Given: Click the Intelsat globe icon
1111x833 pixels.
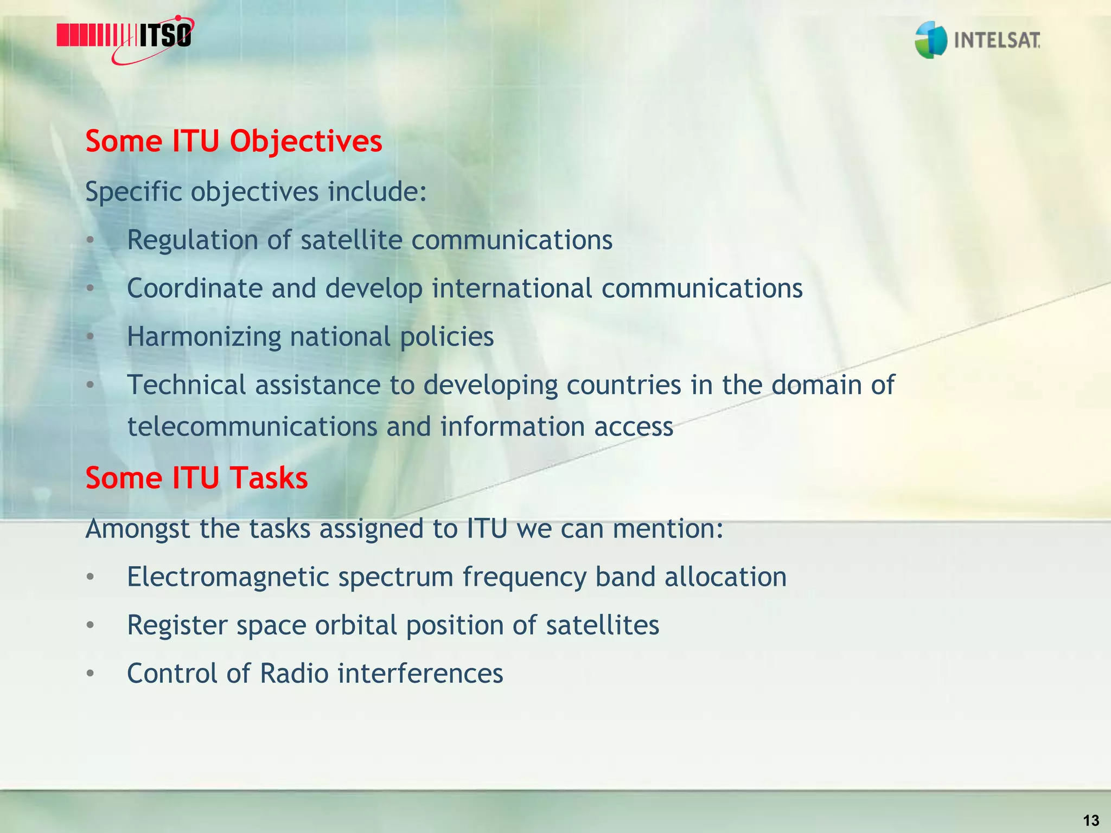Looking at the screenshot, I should point(931,40).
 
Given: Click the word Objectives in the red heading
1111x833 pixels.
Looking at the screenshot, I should point(306,142).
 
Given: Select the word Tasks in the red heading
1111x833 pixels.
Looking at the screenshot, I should point(269,478).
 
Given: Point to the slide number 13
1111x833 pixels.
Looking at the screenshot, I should point(1090,820).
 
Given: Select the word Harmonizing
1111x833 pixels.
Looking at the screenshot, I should point(204,337).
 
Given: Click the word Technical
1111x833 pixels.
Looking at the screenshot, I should point(186,385).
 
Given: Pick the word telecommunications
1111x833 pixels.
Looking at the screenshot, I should point(252,427).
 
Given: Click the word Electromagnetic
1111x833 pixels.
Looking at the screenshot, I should point(228,577).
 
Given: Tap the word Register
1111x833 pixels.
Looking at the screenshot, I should point(177,626).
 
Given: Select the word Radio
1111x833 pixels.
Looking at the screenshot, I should point(294,674).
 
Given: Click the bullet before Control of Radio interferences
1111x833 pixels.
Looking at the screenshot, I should point(90,674).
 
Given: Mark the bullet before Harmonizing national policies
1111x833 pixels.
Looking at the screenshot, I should point(90,337).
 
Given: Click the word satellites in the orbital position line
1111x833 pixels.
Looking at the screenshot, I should point(602,625).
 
